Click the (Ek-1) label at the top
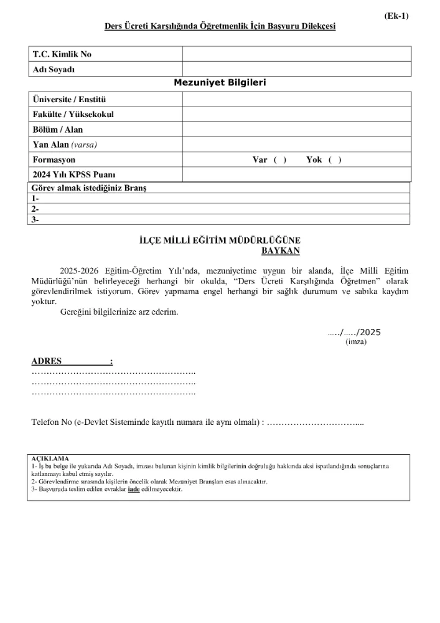[396, 16]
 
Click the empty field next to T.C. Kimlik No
[296, 54]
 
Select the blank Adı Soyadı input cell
[296, 69]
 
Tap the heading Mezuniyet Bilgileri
[220, 82]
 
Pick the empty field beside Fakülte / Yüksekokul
[296, 115]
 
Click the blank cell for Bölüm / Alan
[296, 130]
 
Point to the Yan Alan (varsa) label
[65, 145]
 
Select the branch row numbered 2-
[220, 209]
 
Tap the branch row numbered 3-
[220, 219]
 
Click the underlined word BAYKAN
[281, 250]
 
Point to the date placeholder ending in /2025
[354, 332]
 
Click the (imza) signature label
[356, 341]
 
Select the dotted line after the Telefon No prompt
[317, 422]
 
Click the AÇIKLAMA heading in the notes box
[50, 458]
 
